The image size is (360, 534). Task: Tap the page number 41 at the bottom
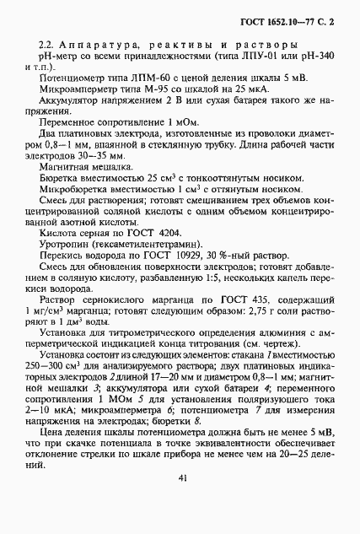tap(180, 478)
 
